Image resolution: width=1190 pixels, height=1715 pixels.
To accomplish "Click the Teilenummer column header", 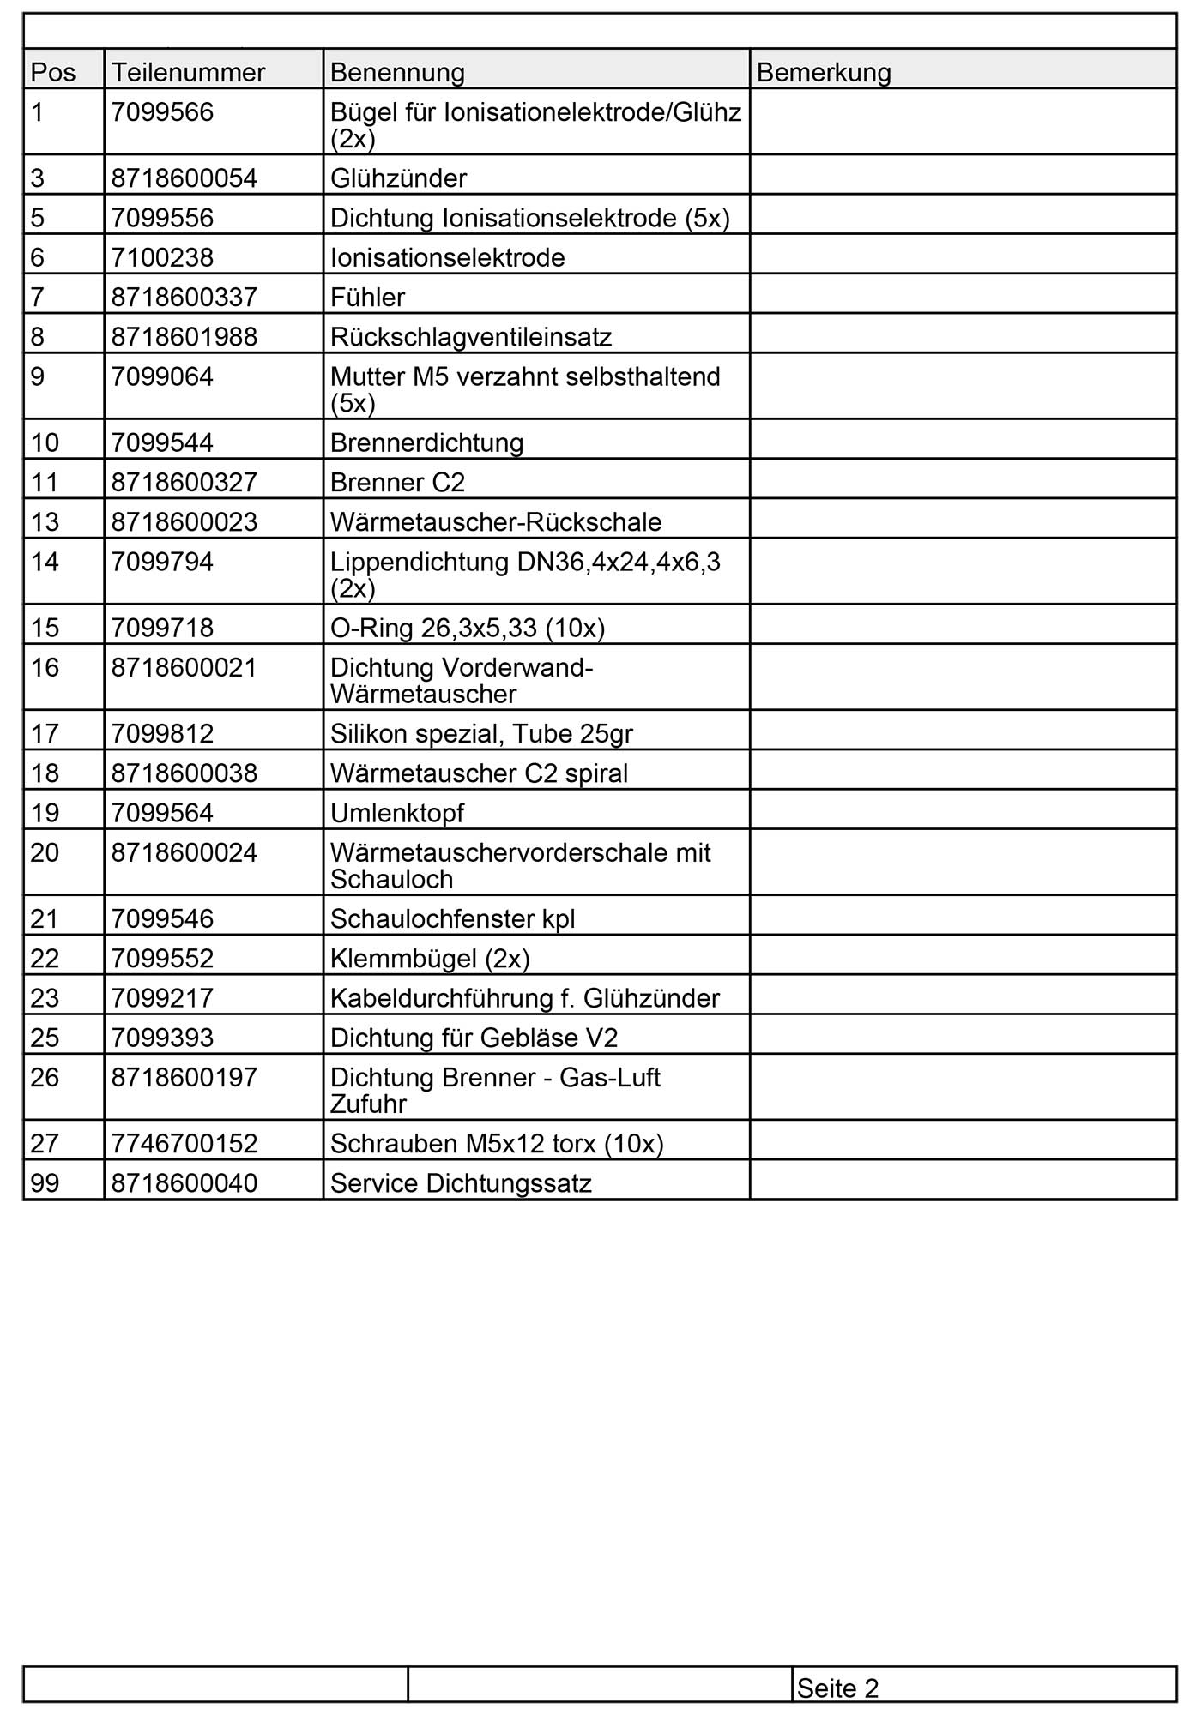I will point(188,72).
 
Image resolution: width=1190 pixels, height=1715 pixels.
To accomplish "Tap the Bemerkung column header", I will point(824,72).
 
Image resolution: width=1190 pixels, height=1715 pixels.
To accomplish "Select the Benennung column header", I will point(397,72).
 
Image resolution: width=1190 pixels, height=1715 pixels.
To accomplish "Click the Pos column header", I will point(53,72).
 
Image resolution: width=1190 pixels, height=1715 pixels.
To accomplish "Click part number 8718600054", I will point(184,178).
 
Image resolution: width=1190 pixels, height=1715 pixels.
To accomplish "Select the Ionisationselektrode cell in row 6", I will point(447,257).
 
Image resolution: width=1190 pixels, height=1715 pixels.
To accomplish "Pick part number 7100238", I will point(162,257).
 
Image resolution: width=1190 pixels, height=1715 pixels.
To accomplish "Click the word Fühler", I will point(367,297).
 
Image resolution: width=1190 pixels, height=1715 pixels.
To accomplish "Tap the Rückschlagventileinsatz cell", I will point(471,336).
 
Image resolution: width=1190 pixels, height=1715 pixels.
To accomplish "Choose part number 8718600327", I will point(184,482).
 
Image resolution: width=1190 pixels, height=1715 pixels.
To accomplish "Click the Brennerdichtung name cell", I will point(426,442).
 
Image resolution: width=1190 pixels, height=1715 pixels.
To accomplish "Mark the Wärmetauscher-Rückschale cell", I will point(496,521).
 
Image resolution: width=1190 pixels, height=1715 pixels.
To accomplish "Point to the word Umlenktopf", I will point(396,812).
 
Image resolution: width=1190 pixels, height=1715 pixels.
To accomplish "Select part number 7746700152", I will point(184,1143).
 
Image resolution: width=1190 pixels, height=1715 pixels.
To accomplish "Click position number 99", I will point(45,1182).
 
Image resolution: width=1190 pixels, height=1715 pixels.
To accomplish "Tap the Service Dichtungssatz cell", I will point(461,1182).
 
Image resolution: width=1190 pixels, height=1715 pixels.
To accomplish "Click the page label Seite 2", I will point(837,1688).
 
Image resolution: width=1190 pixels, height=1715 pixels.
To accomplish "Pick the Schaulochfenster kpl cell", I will point(452,918).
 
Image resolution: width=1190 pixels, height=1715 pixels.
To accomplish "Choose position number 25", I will point(45,1038).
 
